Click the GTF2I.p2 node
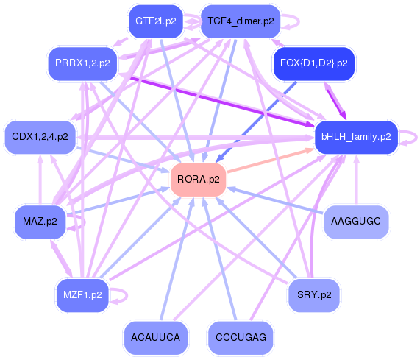(x=156, y=21)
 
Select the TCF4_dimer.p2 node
(x=241, y=21)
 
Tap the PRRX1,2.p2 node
(x=82, y=63)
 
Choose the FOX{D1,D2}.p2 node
(x=313, y=63)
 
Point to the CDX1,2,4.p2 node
(x=40, y=137)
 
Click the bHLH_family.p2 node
(x=356, y=137)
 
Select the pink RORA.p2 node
(x=198, y=180)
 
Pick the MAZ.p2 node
(x=40, y=222)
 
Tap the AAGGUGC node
(x=356, y=222)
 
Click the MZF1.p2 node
(x=82, y=295)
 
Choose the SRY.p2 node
(x=314, y=295)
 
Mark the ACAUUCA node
(x=156, y=337)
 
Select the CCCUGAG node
(x=241, y=337)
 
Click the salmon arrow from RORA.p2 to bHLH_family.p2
(x=270, y=160)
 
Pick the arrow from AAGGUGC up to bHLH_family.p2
(x=356, y=180)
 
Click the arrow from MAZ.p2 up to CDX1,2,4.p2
(x=40, y=180)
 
